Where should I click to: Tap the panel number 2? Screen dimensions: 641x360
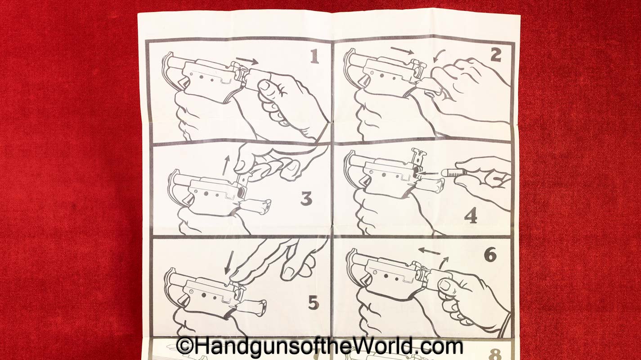(x=496, y=55)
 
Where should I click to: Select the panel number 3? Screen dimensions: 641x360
(x=306, y=198)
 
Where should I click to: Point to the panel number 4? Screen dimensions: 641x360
(x=471, y=216)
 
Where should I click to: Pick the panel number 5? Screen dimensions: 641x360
(x=314, y=303)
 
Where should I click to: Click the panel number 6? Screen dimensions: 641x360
(x=490, y=254)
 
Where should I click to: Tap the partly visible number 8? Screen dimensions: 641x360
(x=495, y=354)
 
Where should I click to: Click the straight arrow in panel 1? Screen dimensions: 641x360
(x=247, y=61)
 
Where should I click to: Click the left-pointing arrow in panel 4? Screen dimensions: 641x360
(x=427, y=173)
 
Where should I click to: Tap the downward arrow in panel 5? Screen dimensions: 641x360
(x=229, y=262)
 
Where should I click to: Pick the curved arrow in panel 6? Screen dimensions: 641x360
(x=444, y=263)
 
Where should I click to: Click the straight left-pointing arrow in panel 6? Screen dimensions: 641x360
(x=429, y=251)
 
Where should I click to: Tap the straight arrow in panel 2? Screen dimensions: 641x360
(x=402, y=50)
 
